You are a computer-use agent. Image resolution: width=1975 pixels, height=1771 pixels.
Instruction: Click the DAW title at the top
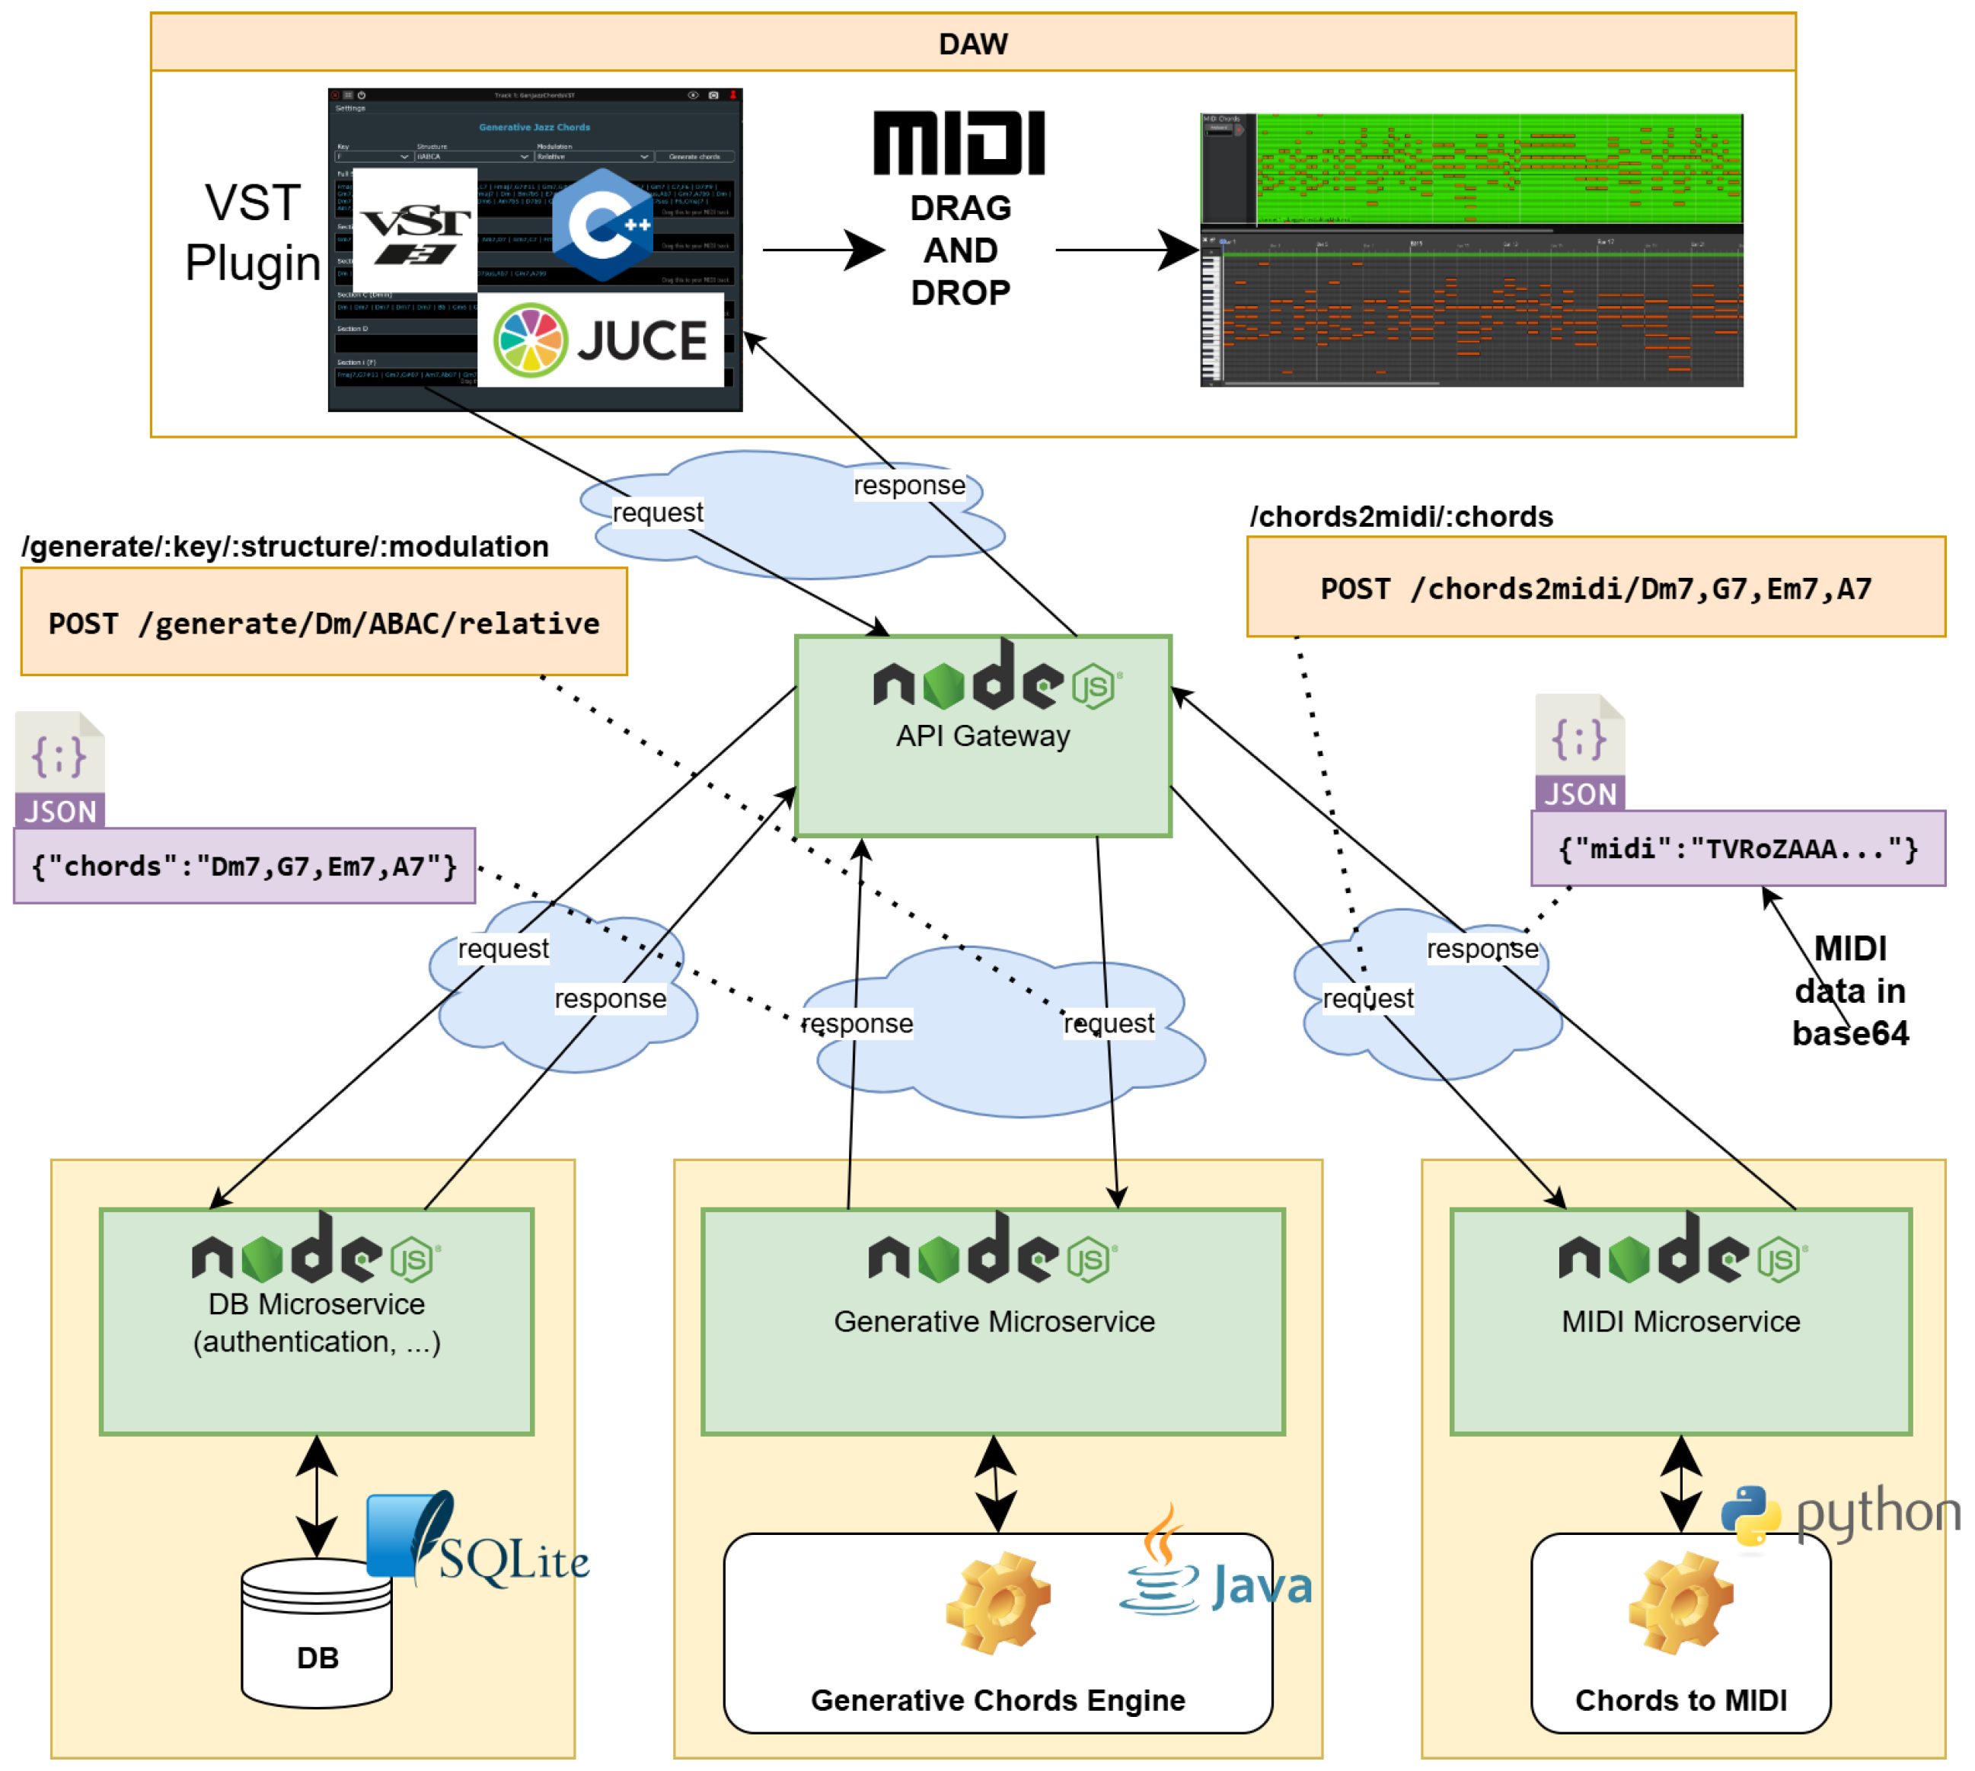click(973, 44)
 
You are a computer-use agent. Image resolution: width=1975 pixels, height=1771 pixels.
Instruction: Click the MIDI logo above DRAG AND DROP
click(959, 143)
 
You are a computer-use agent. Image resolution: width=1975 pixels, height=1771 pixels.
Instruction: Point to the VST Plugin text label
click(253, 234)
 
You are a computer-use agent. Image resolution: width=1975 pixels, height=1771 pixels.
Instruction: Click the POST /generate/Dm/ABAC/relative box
click(324, 623)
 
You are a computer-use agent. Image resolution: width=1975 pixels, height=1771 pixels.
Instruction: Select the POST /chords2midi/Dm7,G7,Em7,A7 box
click(1596, 588)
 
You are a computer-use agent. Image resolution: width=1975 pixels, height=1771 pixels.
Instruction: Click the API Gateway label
click(983, 736)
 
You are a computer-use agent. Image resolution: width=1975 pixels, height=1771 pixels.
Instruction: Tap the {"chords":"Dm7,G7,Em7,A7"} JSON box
click(244, 866)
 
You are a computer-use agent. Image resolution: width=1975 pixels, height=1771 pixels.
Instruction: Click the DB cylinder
click(317, 1635)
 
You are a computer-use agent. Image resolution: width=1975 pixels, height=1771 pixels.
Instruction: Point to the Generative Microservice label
click(994, 1322)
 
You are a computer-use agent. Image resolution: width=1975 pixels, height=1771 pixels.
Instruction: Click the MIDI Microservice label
click(1681, 1322)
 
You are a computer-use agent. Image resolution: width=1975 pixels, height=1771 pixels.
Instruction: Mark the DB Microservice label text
click(317, 1323)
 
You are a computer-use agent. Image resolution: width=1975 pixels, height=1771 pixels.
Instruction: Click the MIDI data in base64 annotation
click(1850, 991)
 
